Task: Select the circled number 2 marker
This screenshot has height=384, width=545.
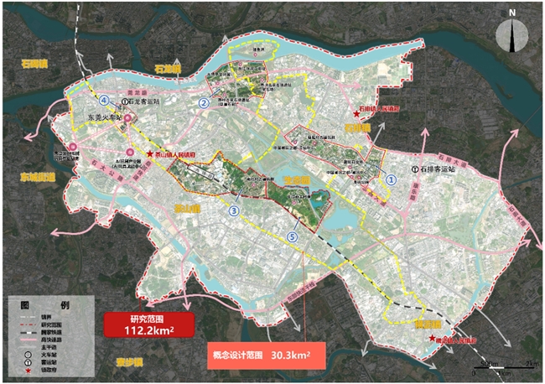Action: [x=204, y=103]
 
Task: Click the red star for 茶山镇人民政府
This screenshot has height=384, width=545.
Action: [x=150, y=154]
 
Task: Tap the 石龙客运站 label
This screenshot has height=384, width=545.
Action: [x=143, y=101]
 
